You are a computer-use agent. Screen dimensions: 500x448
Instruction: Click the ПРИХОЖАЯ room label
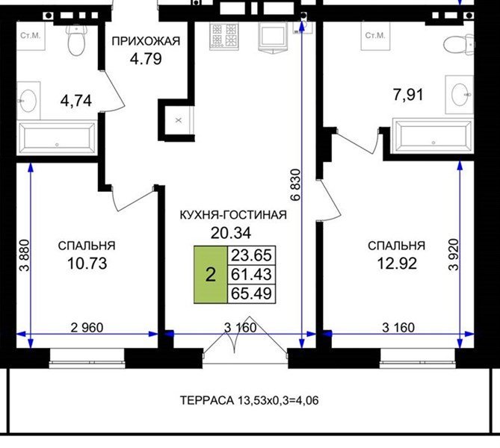pos(146,41)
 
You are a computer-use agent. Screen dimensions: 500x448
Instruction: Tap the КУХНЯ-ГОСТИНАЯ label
pos(233,215)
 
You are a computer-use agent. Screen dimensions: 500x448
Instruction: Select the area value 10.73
pos(87,264)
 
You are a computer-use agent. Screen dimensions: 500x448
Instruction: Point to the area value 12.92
pos(397,264)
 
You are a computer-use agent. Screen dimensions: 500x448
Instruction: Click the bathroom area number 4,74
pos(76,101)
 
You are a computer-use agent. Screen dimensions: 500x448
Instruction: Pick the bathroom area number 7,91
pos(409,95)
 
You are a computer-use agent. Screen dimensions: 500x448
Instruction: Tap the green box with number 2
pos(211,274)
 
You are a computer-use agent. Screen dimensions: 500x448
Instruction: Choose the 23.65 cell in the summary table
pos(251,255)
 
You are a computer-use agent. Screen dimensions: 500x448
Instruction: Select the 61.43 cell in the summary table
pos(251,274)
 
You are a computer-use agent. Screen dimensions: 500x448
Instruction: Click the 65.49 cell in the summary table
pos(251,293)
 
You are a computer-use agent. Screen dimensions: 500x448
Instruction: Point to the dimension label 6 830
pos(296,184)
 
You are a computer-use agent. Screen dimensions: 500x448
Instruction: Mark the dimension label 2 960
pos(87,328)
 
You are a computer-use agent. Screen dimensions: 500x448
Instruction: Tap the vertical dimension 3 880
pos(25,255)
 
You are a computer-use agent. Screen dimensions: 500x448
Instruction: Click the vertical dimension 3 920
pos(453,255)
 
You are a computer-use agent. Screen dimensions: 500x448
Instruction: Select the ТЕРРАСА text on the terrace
pos(206,400)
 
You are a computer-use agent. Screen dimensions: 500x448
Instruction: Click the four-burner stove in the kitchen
pos(224,37)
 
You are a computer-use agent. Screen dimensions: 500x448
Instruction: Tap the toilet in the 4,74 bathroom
pos(77,40)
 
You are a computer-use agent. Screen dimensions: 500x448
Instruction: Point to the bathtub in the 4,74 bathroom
pos(57,139)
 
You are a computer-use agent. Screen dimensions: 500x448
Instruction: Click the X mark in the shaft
pos(179,120)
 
